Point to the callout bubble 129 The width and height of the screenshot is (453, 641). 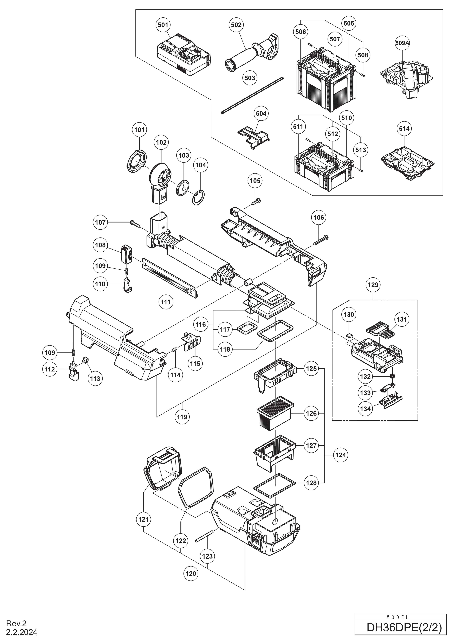tap(373, 285)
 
